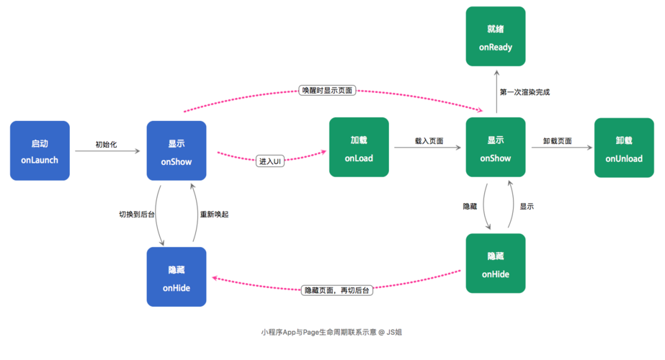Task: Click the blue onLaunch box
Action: [x=40, y=150]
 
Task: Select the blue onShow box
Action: [x=177, y=150]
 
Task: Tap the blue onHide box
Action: [x=177, y=277]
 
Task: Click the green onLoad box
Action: [x=359, y=147]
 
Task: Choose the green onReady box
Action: [x=496, y=36]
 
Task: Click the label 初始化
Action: [x=106, y=145]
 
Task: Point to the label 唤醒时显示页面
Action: [x=328, y=91]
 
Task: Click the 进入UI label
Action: [x=270, y=161]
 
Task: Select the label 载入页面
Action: [x=429, y=141]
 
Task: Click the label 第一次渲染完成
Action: [x=525, y=92]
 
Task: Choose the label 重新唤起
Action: [x=215, y=214]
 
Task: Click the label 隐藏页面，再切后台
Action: [x=337, y=289]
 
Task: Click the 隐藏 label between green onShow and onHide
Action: [x=470, y=206]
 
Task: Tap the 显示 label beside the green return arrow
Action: [x=527, y=206]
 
